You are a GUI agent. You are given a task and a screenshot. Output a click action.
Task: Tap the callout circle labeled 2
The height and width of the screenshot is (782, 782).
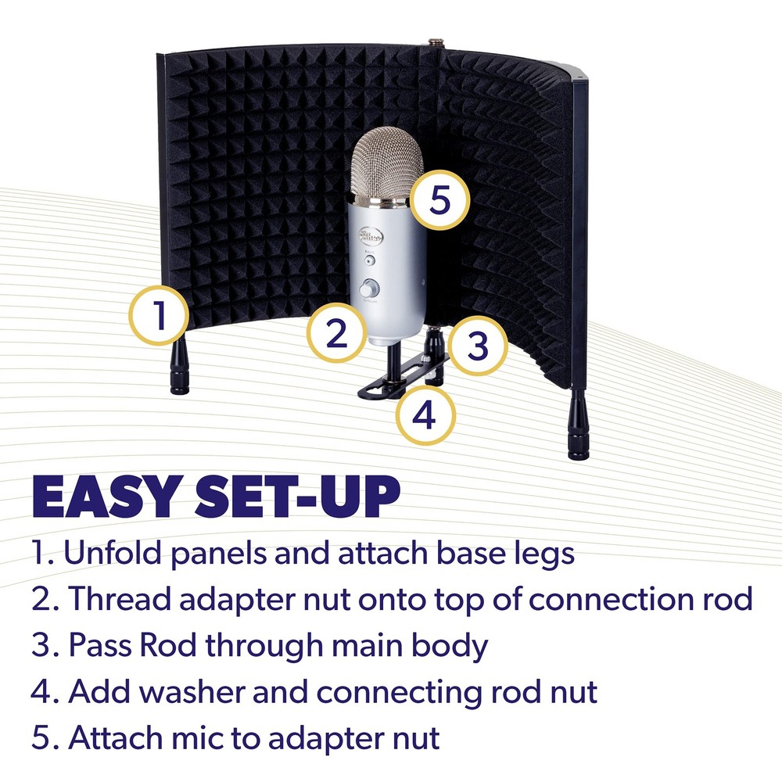(336, 334)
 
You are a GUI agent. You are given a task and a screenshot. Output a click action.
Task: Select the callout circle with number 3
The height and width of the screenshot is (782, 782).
(478, 346)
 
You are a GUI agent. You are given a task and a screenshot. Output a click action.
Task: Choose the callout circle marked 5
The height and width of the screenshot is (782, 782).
(440, 201)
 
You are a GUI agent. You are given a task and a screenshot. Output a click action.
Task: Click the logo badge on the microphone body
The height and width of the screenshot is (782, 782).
(368, 234)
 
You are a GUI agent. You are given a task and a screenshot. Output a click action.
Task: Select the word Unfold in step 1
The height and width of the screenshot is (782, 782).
(117, 554)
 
